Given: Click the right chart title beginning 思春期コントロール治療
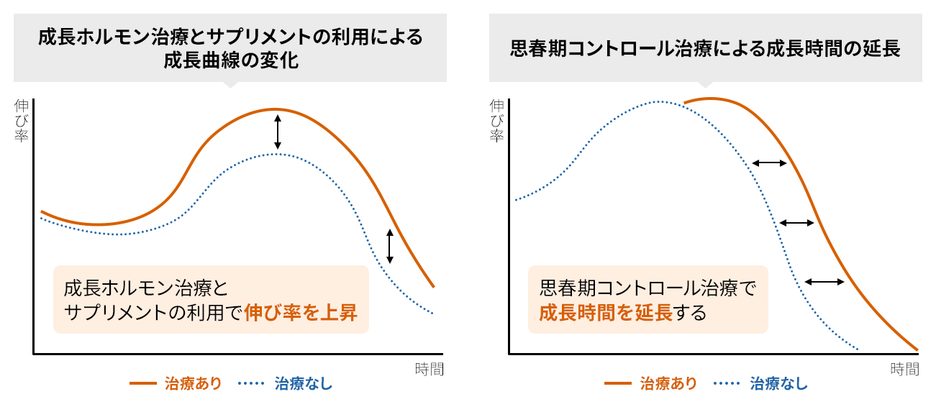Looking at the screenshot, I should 705,50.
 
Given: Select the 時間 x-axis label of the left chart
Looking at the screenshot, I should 429,370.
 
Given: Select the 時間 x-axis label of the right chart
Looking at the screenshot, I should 904,370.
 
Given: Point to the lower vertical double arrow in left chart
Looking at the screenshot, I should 390,245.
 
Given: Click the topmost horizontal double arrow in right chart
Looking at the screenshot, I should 769,164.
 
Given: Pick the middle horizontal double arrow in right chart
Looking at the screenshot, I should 796,223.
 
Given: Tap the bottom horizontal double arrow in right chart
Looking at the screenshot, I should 824,282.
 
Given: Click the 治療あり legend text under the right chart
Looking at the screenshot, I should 668,383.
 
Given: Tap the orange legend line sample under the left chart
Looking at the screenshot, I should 142,383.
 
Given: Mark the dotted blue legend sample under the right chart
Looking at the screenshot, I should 728,383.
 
